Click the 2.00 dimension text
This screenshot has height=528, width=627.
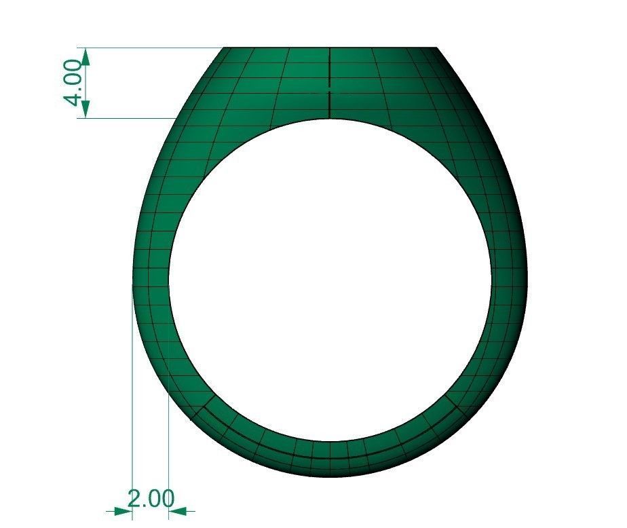click(151, 499)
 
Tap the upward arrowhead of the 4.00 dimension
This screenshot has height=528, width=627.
click(86, 56)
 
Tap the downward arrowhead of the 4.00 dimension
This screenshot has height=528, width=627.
click(86, 109)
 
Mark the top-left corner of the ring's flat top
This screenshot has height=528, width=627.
click(225, 48)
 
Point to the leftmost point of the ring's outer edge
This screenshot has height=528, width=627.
click(132, 282)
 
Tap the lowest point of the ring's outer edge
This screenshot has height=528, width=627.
click(330, 476)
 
